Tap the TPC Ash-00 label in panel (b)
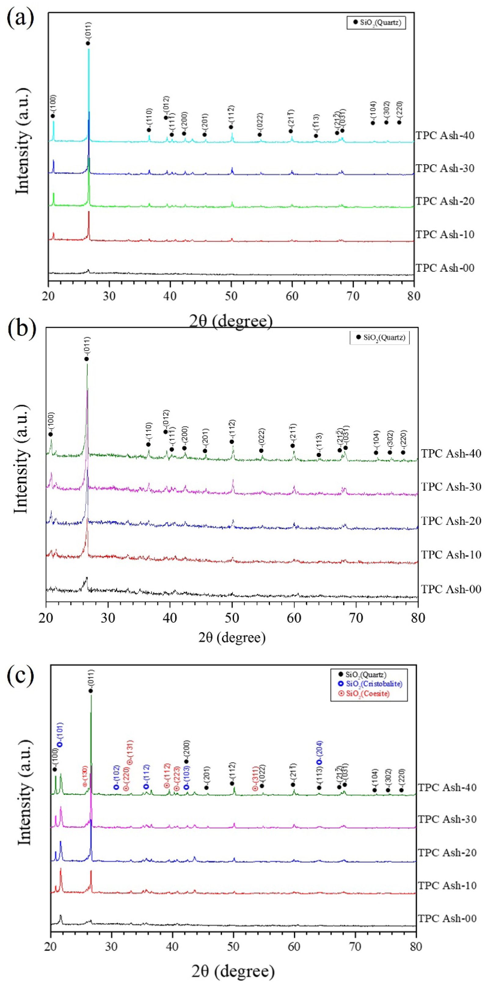point(451,589)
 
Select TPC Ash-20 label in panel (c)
point(447,853)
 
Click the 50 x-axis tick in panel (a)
point(231,297)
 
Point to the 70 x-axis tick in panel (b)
point(356,618)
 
